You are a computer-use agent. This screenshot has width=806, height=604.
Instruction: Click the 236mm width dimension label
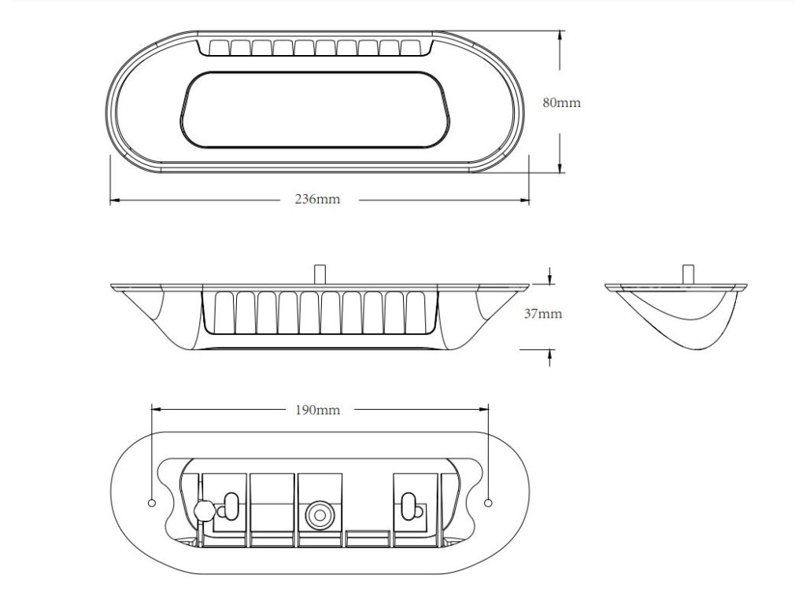[317, 200]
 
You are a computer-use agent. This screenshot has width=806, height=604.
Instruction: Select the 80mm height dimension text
[561, 103]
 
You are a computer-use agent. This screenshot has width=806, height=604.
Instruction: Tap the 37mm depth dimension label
[543, 314]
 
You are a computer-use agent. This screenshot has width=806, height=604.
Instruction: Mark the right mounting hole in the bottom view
[489, 503]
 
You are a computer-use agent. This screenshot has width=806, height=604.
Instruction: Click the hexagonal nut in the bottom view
[202, 510]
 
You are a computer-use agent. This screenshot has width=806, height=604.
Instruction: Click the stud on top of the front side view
[320, 273]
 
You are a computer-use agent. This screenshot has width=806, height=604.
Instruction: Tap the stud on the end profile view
[689, 273]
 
